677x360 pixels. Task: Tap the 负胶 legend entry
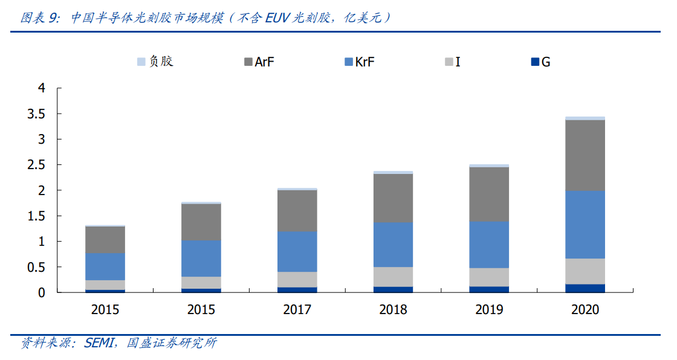point(155,62)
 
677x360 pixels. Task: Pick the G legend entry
point(540,62)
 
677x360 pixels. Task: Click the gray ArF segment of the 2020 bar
point(585,155)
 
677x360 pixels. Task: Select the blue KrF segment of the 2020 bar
point(585,225)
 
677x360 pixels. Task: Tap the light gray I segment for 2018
point(393,277)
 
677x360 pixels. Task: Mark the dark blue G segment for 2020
point(585,288)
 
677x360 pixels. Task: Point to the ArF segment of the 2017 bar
point(297,211)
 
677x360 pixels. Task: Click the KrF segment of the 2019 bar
point(488,245)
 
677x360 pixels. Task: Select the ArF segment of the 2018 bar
point(393,198)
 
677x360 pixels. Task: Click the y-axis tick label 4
point(42,88)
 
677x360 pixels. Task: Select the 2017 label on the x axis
point(297,310)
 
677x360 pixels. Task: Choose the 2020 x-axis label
point(585,310)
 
